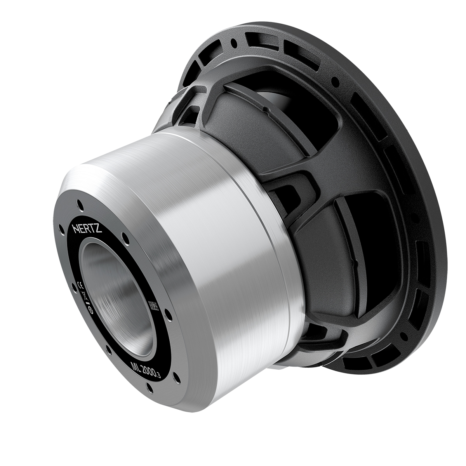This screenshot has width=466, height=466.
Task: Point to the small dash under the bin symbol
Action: pos(88,303)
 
